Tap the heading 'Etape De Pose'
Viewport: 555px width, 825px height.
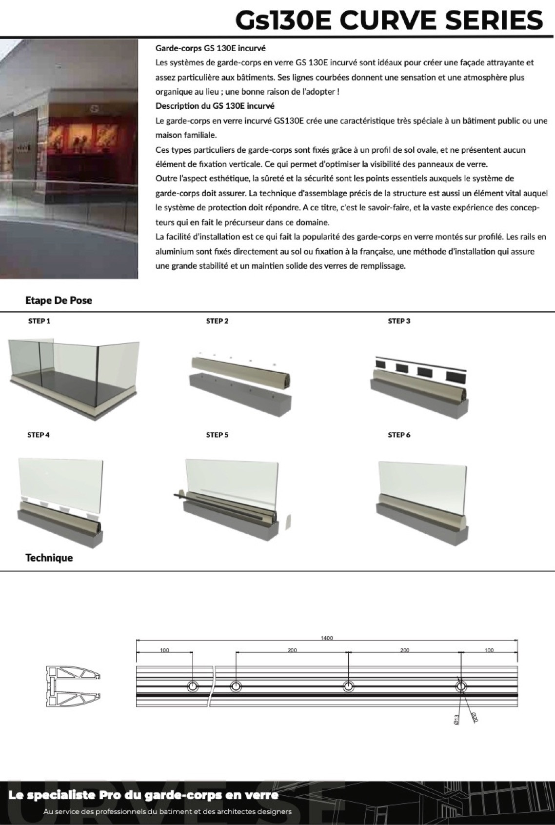pos(59,301)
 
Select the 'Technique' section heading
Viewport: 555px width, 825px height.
pos(49,558)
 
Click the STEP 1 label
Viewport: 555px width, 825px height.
pos(39,321)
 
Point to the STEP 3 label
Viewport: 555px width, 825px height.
pos(399,321)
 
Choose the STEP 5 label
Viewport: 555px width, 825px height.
pos(217,435)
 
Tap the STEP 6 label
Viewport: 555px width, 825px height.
pos(399,435)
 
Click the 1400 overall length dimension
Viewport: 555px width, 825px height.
pos(327,638)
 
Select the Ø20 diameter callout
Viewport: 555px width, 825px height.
pos(474,717)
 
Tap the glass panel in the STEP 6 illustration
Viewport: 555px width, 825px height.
pos(422,483)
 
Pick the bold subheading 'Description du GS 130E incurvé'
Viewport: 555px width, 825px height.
pos(215,106)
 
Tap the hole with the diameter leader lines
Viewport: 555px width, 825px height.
pos(461,686)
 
